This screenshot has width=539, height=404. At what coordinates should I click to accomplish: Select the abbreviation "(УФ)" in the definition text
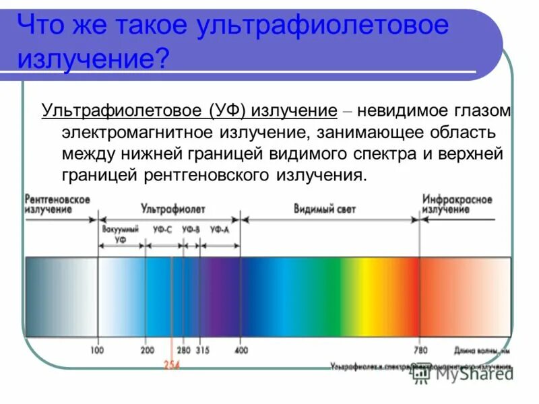coord(231,110)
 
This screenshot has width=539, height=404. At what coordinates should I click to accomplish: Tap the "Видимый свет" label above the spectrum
coord(325,209)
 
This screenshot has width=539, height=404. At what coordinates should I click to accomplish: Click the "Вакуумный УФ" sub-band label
coord(121,234)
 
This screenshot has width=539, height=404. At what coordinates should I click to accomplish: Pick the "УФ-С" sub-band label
coord(162,230)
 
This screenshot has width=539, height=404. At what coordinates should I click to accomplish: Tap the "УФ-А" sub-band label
coord(220,230)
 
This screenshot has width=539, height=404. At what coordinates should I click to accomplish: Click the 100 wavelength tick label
coord(97,351)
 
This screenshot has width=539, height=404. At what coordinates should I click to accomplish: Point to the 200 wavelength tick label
coord(148,351)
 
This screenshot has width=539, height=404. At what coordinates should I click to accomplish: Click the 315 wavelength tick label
coord(202,351)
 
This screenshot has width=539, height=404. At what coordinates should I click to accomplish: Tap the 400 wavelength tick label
coord(242,351)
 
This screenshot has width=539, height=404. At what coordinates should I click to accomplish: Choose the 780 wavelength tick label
coord(419,351)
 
